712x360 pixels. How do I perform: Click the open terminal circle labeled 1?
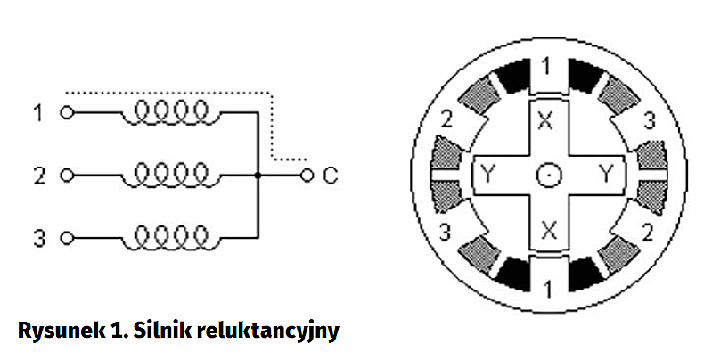click(x=64, y=114)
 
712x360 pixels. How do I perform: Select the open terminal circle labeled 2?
click(x=64, y=176)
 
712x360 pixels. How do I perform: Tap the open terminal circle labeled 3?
click(x=64, y=238)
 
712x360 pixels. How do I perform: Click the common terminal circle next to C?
click(x=307, y=176)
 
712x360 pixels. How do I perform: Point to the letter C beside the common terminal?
click(x=329, y=176)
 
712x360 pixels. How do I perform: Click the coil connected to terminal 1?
click(x=169, y=111)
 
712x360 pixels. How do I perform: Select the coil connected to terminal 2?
click(x=169, y=173)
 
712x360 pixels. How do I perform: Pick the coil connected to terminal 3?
click(x=169, y=235)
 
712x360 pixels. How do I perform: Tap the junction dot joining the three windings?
click(x=257, y=176)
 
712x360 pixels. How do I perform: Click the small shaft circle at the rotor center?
click(x=548, y=176)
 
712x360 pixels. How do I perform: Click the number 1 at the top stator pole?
click(x=548, y=65)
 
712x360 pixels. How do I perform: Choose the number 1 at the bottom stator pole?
click(x=548, y=287)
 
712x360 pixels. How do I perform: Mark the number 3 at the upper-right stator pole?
click(x=650, y=119)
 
